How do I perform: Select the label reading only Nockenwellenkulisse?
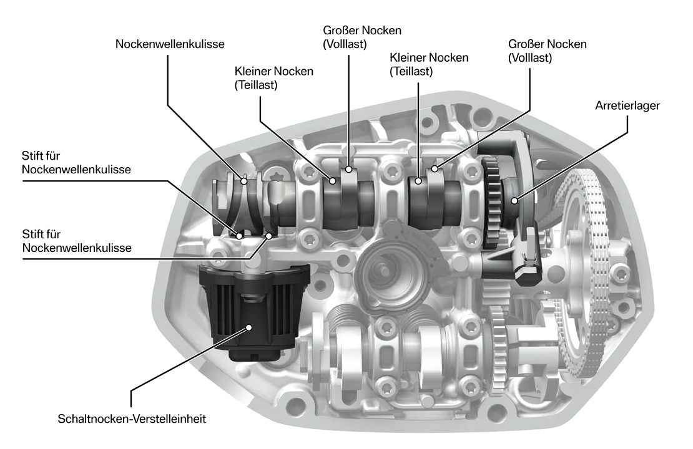[170, 44]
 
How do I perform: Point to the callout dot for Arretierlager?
[514, 200]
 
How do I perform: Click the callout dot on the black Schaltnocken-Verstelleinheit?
[249, 326]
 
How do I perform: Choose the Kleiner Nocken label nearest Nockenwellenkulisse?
[274, 78]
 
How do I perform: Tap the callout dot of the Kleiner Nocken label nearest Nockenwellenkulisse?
[333, 181]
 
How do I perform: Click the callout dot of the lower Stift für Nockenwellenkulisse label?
[270, 236]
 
